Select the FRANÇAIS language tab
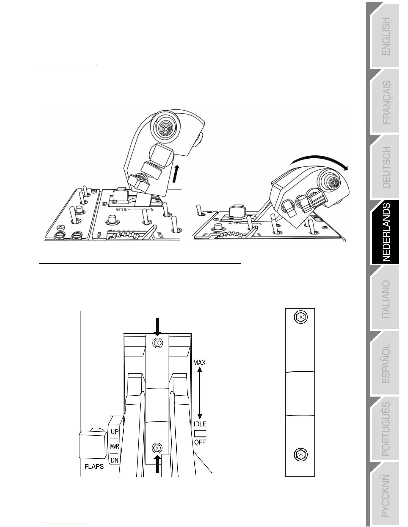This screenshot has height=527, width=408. click(x=386, y=102)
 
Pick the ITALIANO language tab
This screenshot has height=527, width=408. click(x=386, y=299)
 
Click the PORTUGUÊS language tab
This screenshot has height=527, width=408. click(x=386, y=429)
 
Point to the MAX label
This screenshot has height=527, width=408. click(x=199, y=362)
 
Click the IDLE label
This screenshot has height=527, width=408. click(x=200, y=424)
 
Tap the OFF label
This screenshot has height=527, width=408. click(x=200, y=442)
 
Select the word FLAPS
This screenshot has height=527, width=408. click(x=94, y=466)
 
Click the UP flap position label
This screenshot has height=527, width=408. click(x=114, y=432)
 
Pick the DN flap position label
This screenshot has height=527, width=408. click(x=114, y=460)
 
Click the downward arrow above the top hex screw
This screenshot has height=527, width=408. click(x=158, y=326)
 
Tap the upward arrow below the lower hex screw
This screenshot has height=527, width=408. click(x=157, y=463)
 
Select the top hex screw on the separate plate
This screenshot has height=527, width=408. click(x=300, y=318)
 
